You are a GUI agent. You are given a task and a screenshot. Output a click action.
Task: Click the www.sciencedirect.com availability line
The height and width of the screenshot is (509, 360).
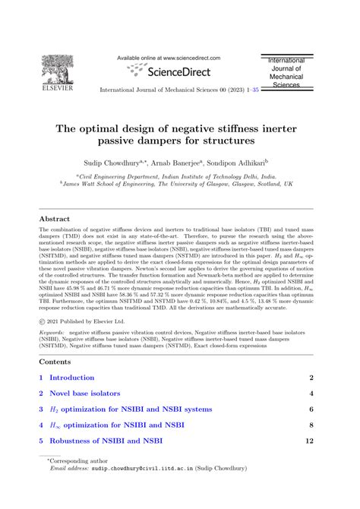(x=169, y=57)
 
